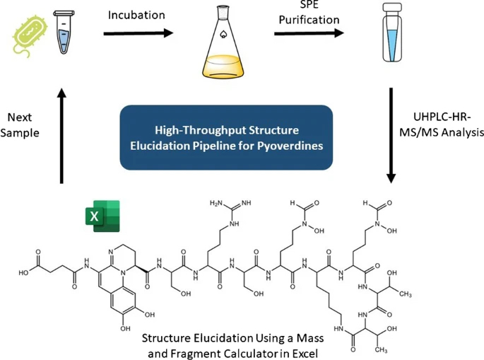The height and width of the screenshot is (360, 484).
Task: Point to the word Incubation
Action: click(136, 14)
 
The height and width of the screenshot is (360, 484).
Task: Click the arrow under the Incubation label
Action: click(138, 33)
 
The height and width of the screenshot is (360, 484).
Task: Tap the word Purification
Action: click(309, 20)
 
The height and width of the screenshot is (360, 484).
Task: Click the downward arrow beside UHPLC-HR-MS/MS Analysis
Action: click(391, 134)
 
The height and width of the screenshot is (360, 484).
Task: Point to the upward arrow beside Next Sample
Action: click(62, 134)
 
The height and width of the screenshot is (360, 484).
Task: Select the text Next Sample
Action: click(26, 125)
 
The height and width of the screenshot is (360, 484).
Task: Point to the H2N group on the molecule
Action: click(216, 204)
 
